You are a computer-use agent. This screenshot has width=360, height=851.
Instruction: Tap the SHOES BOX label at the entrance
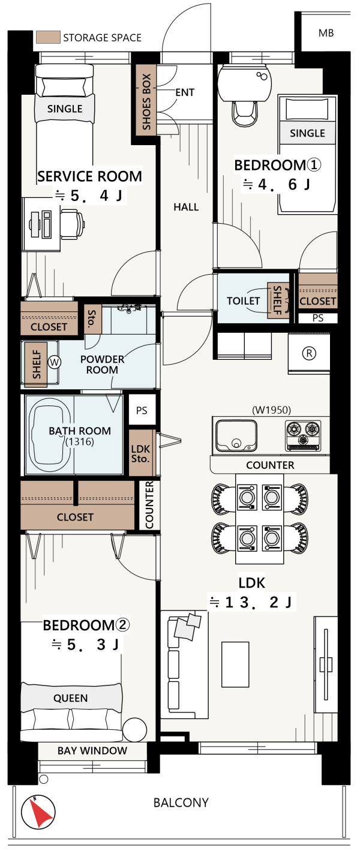pos(146,101)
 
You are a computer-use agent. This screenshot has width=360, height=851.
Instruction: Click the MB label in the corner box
pos(326,33)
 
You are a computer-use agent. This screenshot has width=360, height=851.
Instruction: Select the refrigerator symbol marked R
pos(309,353)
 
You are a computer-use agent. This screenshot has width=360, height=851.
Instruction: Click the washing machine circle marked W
pos(55,362)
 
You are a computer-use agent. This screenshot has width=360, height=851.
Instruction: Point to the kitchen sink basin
pos(236,435)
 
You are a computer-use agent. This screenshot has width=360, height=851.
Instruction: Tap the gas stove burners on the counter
pos(303,435)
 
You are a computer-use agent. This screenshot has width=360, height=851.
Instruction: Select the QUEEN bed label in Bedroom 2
pos(71,698)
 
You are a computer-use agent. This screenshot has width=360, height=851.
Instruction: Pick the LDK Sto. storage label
pos(140,453)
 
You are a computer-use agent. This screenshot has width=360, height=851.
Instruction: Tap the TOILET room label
pos(243,301)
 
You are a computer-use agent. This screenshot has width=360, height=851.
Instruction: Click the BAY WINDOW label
pos(92,751)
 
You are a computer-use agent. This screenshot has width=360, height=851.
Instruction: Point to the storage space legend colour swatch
pos(48,37)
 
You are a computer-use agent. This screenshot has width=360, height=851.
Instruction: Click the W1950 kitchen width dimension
pos(271,410)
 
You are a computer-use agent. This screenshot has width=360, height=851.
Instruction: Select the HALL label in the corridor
pos(186,207)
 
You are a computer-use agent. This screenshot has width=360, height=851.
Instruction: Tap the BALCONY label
pos(181,803)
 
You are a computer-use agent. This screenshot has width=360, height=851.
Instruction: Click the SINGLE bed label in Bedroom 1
pos(308,133)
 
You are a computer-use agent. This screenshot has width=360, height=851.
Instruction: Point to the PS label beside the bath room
pos(142,410)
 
